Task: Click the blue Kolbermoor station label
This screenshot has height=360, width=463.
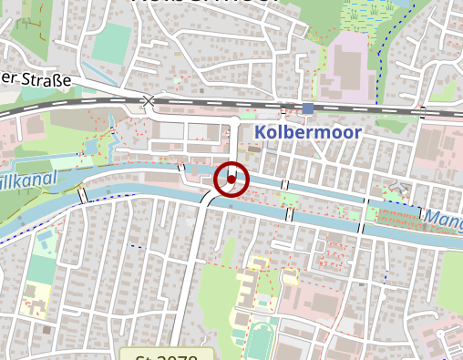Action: pos(309,133)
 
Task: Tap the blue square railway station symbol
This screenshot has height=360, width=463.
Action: pos(308,108)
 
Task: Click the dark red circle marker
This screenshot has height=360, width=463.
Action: pos(231,179)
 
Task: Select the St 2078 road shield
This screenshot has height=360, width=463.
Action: pos(167,355)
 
